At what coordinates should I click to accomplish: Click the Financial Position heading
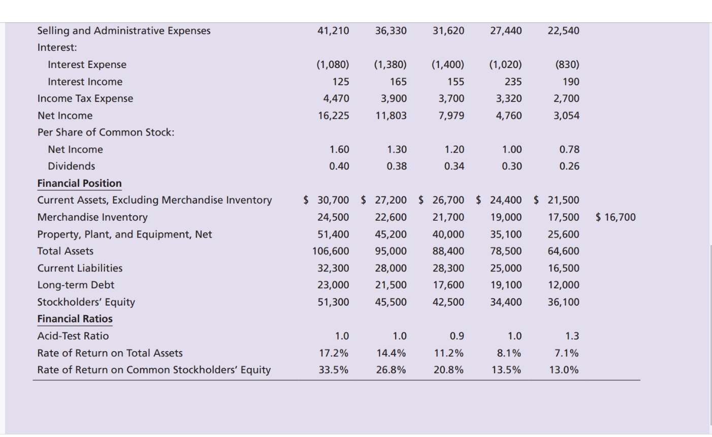tap(79, 183)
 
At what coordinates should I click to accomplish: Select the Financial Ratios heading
tap(75, 319)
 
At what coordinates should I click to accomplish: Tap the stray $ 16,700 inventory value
tap(616, 217)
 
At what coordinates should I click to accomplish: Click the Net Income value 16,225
tap(333, 116)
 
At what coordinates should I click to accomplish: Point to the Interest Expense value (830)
tap(567, 64)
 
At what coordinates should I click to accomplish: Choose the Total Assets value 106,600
tap(331, 251)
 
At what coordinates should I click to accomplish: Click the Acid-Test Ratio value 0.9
tap(457, 336)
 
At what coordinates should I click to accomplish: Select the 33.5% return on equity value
tap(333, 370)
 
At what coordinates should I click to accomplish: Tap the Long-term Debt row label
tap(76, 285)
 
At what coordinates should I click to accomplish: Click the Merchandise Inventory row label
tap(92, 217)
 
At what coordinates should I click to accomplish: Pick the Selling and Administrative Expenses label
tap(123, 31)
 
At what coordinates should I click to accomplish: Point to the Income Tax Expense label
tap(85, 98)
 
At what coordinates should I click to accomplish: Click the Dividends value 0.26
tap(569, 166)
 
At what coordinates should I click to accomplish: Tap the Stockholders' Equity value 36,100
tap(563, 302)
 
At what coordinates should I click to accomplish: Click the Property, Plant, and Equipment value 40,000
tap(448, 234)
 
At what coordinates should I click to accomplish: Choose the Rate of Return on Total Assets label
tap(110, 353)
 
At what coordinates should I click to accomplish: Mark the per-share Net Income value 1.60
tap(339, 150)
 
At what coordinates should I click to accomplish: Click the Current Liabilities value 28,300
tap(448, 268)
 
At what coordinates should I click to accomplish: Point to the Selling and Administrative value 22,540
tap(563, 31)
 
